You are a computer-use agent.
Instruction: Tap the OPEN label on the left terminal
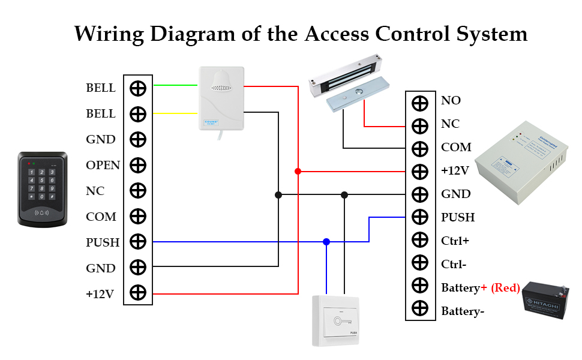(x=103, y=165)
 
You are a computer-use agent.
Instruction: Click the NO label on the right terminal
(x=451, y=100)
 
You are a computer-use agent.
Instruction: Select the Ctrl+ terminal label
(x=455, y=240)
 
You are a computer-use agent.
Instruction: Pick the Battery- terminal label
(x=463, y=311)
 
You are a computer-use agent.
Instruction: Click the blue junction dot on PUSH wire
(x=326, y=242)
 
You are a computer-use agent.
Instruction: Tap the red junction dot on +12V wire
(x=298, y=172)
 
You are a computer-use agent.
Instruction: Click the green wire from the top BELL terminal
(x=176, y=85)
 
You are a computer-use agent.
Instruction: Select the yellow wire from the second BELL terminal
(x=176, y=112)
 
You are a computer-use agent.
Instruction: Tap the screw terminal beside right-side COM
(x=420, y=148)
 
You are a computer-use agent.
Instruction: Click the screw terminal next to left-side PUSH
(x=138, y=242)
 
